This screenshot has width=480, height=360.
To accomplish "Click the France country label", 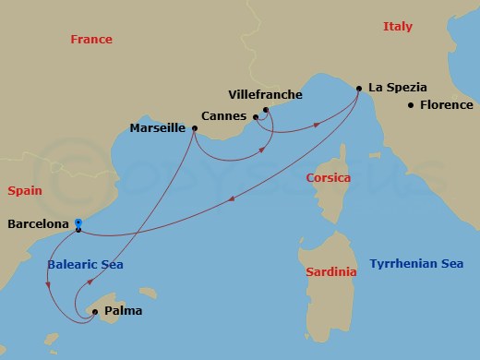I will click(x=91, y=40).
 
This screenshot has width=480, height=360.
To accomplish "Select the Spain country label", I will click(x=25, y=191).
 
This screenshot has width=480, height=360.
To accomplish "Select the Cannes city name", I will click(x=223, y=117).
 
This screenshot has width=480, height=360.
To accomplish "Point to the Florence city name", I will click(x=446, y=105).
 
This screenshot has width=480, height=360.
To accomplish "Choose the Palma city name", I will click(x=124, y=312).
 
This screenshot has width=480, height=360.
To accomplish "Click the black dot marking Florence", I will click(x=411, y=105).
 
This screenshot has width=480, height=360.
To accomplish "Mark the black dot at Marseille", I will click(x=194, y=128).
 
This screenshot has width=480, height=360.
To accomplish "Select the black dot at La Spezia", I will click(x=359, y=89).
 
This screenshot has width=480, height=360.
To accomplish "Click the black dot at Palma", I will click(x=96, y=312).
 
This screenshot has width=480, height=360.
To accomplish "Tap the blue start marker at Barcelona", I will click(x=78, y=222).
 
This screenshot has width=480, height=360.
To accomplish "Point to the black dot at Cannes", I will click(x=255, y=117).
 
